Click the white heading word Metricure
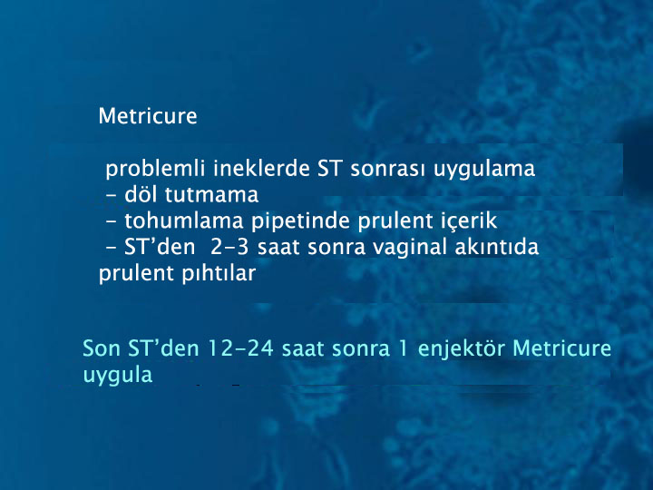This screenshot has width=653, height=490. [148, 116]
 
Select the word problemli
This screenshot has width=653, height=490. [155, 170]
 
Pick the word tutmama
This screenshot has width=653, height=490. [211, 195]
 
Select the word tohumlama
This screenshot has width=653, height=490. [183, 220]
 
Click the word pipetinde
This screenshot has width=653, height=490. [300, 221]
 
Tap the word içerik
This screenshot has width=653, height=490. [470, 221]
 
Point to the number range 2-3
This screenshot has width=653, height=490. [229, 247]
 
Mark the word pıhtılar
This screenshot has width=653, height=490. [219, 274]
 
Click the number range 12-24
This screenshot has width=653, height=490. [240, 348]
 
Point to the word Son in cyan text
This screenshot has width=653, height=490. [102, 348]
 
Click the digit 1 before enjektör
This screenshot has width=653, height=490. [403, 348]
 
